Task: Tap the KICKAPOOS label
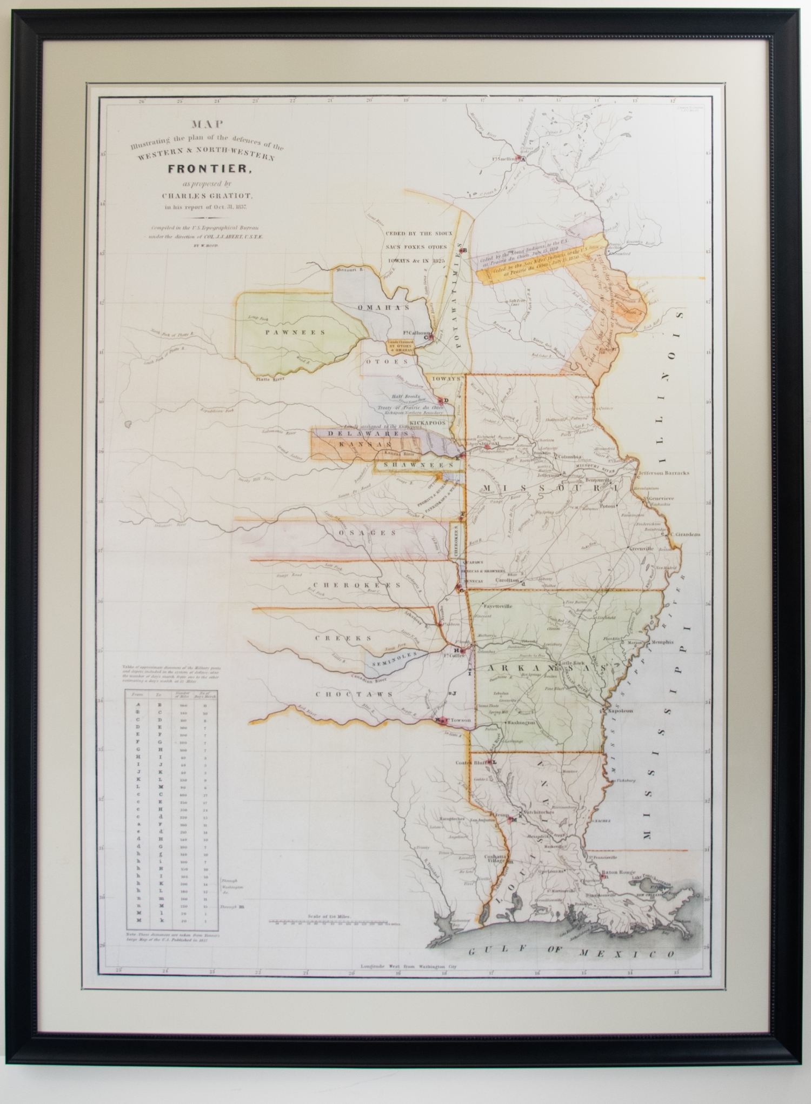point(426,420)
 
